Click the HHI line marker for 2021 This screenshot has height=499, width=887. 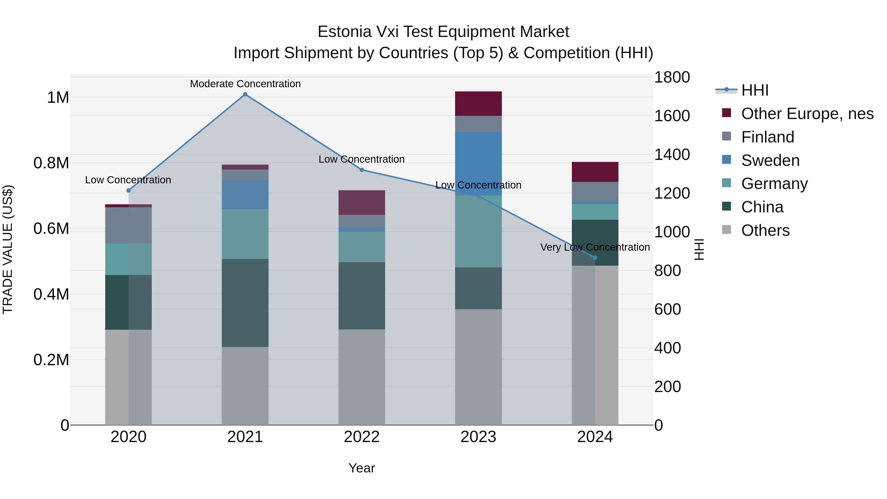point(245,94)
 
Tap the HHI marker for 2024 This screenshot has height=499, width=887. point(595,258)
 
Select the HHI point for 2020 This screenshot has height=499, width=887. point(128,190)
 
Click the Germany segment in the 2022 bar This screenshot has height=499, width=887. point(361,247)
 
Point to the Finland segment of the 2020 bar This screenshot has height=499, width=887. point(128,225)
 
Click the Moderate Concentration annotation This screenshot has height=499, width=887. point(245,84)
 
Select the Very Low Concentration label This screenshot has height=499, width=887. point(595,247)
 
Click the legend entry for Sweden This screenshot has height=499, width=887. point(770,160)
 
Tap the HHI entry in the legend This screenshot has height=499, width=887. point(754,90)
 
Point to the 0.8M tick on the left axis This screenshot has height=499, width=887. point(51,163)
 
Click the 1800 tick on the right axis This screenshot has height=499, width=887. point(671,77)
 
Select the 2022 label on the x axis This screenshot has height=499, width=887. point(361,437)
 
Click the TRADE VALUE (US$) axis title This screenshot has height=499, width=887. point(8,249)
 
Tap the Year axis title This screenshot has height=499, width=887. point(361,468)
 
